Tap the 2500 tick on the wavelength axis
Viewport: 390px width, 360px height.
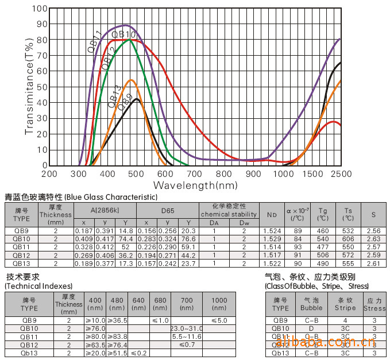341,173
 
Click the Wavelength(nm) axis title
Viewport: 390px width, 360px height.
195,185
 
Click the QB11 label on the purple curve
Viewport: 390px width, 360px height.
95,41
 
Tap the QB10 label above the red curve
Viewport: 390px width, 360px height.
123,35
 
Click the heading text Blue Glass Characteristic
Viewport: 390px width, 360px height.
111,197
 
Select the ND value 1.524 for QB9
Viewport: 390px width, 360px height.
271,231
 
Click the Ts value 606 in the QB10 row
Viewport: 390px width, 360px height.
349,239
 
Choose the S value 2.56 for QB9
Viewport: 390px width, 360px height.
374,231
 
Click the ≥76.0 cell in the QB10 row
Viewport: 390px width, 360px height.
95,328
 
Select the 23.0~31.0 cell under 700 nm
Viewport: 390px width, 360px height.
186,328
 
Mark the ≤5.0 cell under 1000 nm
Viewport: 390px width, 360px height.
219,320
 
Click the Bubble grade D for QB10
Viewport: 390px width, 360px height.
311,328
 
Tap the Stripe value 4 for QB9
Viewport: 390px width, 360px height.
345,320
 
